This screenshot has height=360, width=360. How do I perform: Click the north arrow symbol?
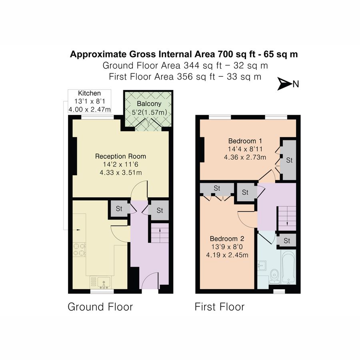(x=284, y=84)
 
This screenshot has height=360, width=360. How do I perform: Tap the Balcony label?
(x=149, y=104)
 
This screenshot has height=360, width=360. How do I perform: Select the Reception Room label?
(x=120, y=156)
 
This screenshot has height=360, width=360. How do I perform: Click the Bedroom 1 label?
(x=245, y=141)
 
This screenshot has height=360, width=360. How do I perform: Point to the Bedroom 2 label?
(x=227, y=239)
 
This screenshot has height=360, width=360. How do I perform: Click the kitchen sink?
(x=104, y=282)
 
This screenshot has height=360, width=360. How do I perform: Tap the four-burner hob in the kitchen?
(x=79, y=250)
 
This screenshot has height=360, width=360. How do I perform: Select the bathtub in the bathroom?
(x=288, y=267)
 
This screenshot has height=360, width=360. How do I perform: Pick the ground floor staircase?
(x=160, y=233)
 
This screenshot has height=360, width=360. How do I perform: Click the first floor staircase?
(x=287, y=218)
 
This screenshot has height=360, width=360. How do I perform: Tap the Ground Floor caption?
(x=100, y=307)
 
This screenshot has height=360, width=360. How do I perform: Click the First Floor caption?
(x=220, y=307)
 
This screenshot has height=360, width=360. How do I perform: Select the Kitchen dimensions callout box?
(x=90, y=101)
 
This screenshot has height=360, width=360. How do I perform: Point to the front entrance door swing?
(x=150, y=280)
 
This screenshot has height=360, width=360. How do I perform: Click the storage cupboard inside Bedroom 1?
(x=289, y=160)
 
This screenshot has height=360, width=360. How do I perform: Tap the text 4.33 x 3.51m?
(x=121, y=172)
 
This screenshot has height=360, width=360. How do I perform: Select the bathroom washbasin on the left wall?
(x=262, y=266)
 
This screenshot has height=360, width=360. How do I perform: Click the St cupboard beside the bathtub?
(x=287, y=241)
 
